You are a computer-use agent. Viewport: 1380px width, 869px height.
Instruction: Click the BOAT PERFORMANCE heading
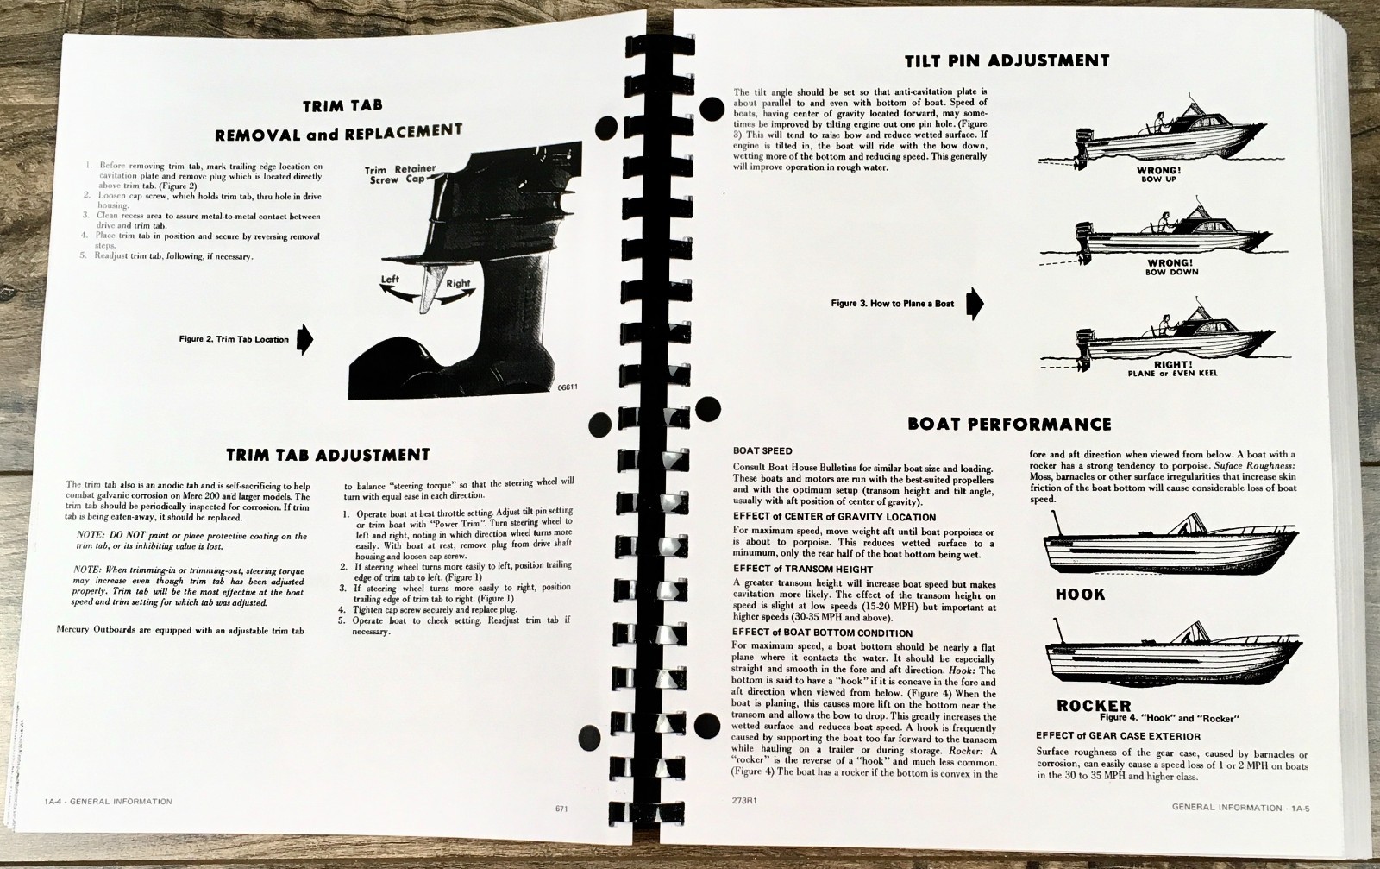(1009, 424)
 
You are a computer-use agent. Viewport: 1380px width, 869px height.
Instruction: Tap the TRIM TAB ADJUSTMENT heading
(328, 455)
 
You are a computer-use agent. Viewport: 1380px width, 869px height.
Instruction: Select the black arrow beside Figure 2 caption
(304, 338)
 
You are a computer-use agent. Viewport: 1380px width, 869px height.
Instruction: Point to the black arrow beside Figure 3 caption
(974, 303)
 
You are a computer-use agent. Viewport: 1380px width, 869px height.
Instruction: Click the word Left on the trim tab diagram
(390, 280)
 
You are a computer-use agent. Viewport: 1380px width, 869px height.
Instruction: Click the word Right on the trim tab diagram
(458, 284)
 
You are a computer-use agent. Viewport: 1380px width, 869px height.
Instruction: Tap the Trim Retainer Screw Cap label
(399, 173)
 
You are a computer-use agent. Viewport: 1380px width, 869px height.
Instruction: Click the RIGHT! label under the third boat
(1172, 364)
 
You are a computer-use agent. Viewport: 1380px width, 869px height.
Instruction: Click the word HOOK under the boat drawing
(1080, 594)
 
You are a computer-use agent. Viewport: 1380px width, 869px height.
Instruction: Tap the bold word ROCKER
(1094, 705)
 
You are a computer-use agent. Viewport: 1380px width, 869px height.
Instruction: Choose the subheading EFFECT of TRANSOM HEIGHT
(802, 569)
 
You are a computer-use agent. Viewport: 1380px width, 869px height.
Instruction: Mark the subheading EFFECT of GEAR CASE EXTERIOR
(1118, 736)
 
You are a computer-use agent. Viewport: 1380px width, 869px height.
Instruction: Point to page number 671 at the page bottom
(561, 808)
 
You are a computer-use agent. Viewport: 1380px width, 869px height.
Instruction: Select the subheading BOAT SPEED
(762, 451)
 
